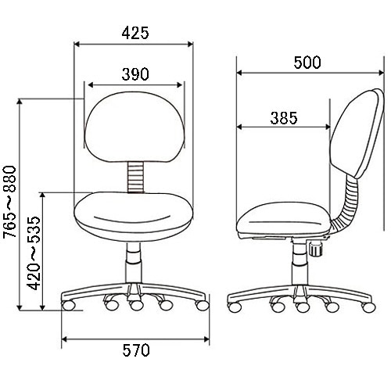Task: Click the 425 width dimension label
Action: click(x=135, y=33)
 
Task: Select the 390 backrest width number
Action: click(x=135, y=74)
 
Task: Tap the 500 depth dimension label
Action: click(x=307, y=63)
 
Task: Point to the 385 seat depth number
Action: click(x=284, y=118)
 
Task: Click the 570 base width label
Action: click(x=136, y=350)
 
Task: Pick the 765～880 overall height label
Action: click(x=10, y=202)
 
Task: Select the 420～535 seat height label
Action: click(x=34, y=253)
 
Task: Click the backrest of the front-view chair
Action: click(x=135, y=127)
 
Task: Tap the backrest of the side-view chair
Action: click(x=357, y=133)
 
